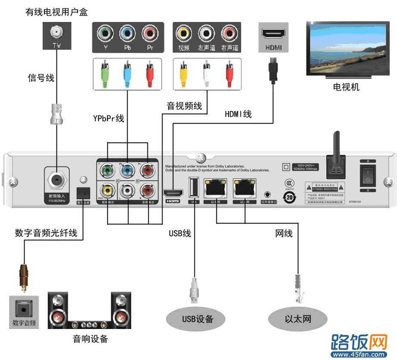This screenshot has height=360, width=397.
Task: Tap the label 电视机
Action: click(x=346, y=87)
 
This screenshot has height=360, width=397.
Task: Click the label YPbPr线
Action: click(x=108, y=118)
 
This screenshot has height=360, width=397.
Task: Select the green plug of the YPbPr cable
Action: click(x=104, y=73)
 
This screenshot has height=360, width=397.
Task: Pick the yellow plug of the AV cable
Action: click(x=184, y=73)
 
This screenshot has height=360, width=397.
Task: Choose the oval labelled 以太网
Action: click(x=298, y=319)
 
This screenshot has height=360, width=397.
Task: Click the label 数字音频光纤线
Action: click(x=46, y=233)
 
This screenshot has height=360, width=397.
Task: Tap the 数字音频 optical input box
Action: click(x=24, y=311)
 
